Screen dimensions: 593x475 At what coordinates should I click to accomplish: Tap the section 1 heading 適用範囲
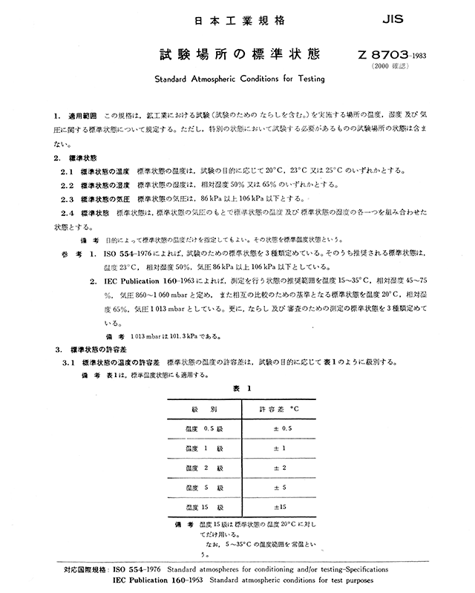[84, 117]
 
